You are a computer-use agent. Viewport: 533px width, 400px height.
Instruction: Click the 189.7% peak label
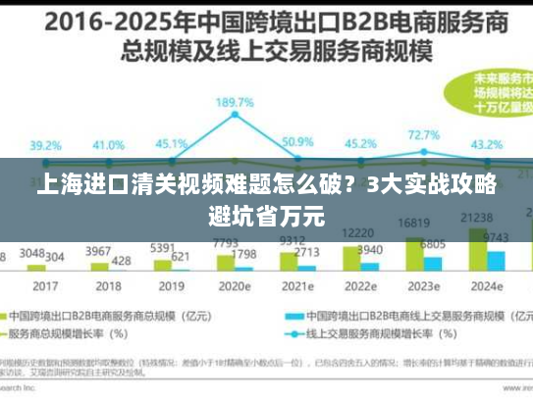(x=236, y=102)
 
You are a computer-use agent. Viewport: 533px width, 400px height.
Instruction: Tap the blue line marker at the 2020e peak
(x=236, y=117)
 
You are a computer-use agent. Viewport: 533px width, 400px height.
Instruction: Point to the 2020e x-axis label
(x=236, y=287)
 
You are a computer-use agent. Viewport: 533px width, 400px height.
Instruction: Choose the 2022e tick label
(x=360, y=287)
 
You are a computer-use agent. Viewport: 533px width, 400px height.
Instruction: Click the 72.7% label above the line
(x=423, y=135)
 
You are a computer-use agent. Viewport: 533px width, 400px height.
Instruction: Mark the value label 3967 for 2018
(x=97, y=251)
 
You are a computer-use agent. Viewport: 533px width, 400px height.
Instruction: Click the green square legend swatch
(x=21, y=317)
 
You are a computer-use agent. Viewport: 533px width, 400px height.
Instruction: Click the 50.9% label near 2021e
(x=297, y=142)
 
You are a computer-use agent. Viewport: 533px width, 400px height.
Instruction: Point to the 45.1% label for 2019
(x=173, y=144)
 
